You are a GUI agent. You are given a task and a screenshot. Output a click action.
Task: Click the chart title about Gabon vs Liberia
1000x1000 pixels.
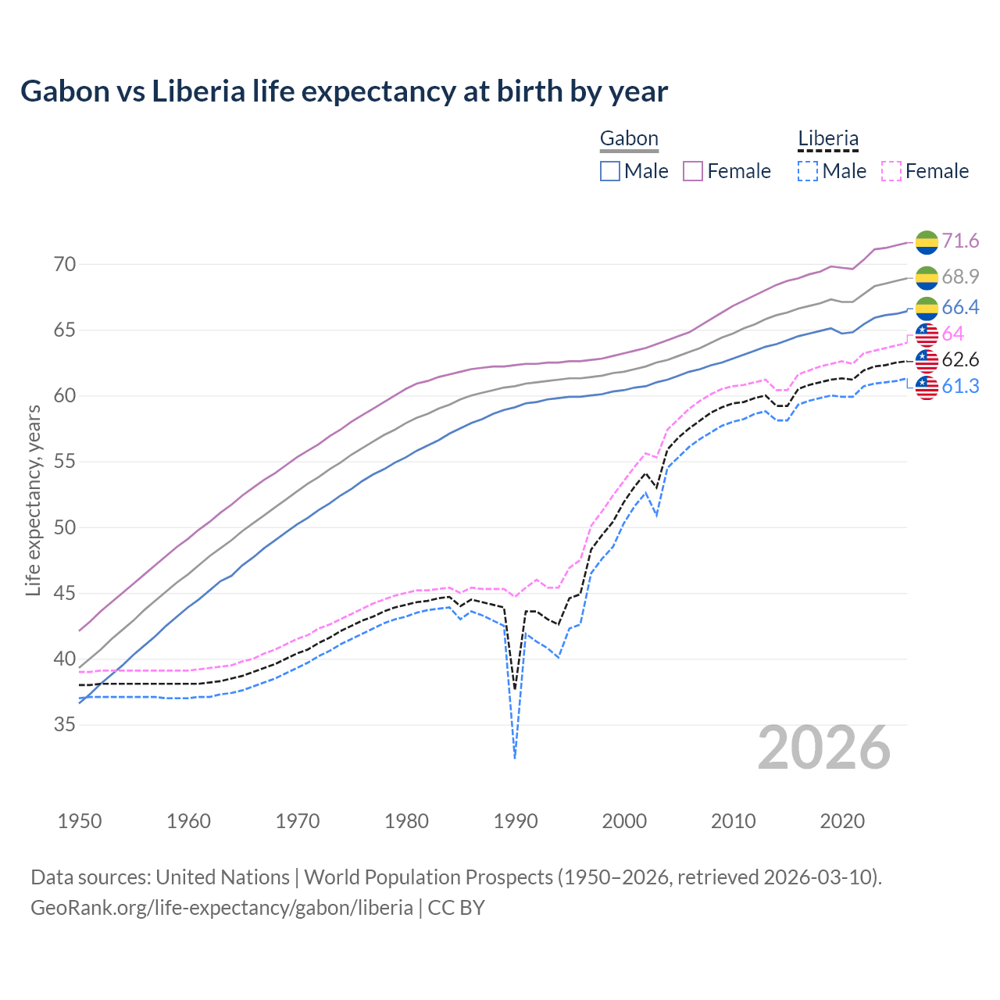click(x=344, y=91)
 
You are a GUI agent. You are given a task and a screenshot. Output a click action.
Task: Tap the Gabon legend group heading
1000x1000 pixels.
click(x=629, y=139)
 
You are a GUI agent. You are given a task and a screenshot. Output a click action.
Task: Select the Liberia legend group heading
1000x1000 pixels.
click(x=828, y=139)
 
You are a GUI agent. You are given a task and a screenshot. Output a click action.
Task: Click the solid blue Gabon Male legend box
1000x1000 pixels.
click(x=610, y=171)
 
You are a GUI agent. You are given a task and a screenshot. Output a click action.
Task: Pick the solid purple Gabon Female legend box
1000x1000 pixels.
click(x=693, y=171)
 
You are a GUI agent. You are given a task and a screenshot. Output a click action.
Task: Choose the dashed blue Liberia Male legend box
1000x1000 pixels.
click(x=808, y=171)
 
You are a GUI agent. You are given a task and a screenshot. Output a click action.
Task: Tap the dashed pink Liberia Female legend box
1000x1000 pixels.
click(x=891, y=171)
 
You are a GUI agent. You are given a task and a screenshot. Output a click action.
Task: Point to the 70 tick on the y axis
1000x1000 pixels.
click(x=65, y=264)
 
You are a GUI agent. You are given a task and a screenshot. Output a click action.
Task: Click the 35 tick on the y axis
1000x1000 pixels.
click(x=65, y=725)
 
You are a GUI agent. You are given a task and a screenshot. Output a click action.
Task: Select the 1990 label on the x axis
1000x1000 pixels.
click(x=516, y=821)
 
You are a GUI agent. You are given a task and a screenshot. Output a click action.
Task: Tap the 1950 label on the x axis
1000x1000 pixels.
click(x=80, y=821)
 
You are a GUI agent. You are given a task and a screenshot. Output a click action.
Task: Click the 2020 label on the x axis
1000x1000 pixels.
click(x=842, y=821)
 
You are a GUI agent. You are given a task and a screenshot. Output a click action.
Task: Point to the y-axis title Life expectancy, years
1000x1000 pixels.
click(x=33, y=500)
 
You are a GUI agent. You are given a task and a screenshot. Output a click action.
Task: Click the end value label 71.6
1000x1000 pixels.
click(x=960, y=241)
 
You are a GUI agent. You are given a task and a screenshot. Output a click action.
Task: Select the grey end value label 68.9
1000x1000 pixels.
click(x=960, y=277)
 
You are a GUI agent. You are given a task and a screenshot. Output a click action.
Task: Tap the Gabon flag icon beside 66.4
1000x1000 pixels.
click(x=927, y=308)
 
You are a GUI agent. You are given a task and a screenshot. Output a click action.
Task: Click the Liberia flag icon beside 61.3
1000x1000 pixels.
click(x=927, y=387)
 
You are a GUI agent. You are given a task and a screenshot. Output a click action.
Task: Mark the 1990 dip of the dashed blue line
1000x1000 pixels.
click(x=515, y=756)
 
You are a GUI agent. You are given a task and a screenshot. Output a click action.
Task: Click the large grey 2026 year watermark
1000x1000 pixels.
click(x=824, y=748)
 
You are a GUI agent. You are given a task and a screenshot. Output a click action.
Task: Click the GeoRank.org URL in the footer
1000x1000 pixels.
click(x=222, y=908)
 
